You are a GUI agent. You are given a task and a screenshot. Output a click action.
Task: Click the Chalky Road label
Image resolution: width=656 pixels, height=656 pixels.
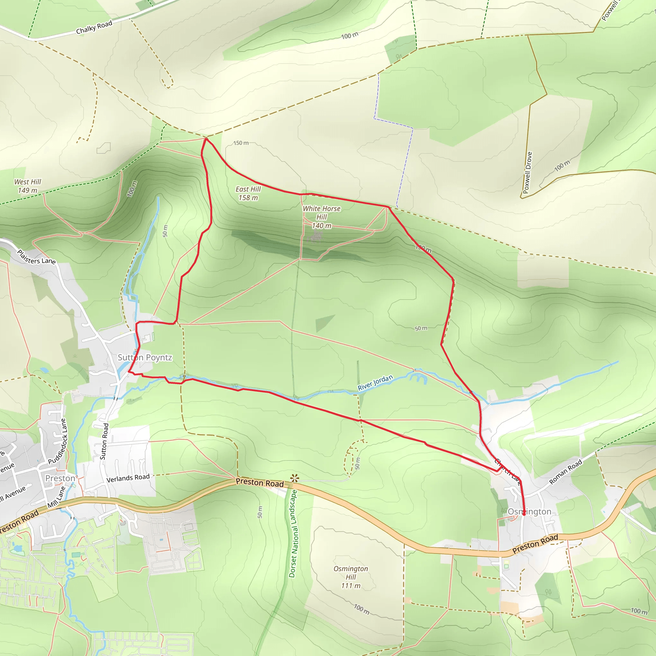point(94,28)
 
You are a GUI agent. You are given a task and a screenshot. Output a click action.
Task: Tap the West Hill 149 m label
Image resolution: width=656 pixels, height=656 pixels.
point(28,186)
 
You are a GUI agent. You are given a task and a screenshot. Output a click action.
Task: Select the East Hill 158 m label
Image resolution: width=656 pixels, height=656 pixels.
point(248,193)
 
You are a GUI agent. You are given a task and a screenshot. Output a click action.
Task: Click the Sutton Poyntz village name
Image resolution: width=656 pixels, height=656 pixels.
point(145,357)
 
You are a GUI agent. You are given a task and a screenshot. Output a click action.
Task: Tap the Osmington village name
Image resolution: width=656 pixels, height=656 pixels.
point(529,511)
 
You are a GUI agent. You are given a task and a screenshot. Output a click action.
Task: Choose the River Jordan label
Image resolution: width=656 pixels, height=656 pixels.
point(375,382)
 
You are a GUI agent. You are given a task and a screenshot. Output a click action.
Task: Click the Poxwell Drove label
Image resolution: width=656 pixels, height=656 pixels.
point(527,173)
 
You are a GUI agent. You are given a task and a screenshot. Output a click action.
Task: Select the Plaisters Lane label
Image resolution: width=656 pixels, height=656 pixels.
point(36,257)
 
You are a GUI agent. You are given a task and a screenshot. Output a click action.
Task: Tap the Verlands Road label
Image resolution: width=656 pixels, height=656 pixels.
point(128,478)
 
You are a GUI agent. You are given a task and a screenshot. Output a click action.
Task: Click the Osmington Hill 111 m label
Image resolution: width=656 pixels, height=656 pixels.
point(351,577)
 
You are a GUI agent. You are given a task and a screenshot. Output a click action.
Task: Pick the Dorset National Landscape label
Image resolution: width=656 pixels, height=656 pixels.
point(293,533)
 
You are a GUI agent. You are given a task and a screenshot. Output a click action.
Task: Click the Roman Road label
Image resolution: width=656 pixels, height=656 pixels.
point(565,471)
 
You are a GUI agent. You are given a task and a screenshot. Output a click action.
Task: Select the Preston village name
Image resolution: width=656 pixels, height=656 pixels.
point(60,478)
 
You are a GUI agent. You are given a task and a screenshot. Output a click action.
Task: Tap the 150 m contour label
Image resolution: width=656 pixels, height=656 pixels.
point(241,143)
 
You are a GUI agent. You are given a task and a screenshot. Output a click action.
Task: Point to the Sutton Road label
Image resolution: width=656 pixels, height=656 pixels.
point(104,441)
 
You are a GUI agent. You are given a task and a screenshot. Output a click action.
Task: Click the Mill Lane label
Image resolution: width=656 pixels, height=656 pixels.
point(56,497)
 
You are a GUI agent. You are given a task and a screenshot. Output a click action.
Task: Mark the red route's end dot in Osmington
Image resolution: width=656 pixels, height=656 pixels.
point(524,514)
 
